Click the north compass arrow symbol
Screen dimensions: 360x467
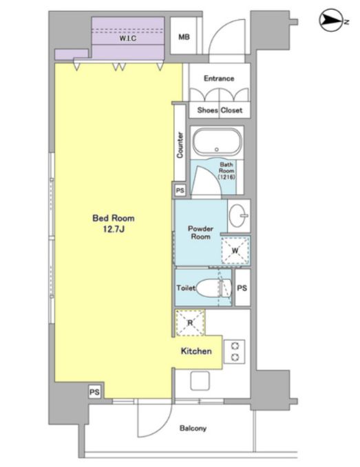point(331,21)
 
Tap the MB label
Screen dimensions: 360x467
point(184,37)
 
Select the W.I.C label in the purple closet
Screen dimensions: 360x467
point(128,38)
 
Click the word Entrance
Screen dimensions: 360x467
point(219,78)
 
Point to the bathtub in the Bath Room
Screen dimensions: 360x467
point(217,142)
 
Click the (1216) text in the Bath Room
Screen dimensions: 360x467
point(226,177)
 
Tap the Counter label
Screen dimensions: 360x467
point(180,144)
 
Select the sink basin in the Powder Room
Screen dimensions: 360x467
point(239,215)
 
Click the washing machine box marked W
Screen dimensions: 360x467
point(235,250)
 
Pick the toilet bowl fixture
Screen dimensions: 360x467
point(214,287)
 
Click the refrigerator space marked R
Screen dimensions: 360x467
point(190,323)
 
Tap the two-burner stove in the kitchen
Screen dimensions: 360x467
point(235,351)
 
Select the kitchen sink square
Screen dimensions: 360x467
point(200,380)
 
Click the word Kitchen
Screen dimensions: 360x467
point(196,351)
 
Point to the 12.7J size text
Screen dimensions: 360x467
point(114,229)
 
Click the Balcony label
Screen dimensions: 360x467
point(193,428)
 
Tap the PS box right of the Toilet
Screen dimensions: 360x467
point(242,287)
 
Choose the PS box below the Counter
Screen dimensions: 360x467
point(180,190)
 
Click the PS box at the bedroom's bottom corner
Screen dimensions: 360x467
point(94,392)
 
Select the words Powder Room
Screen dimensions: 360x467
point(200,232)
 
